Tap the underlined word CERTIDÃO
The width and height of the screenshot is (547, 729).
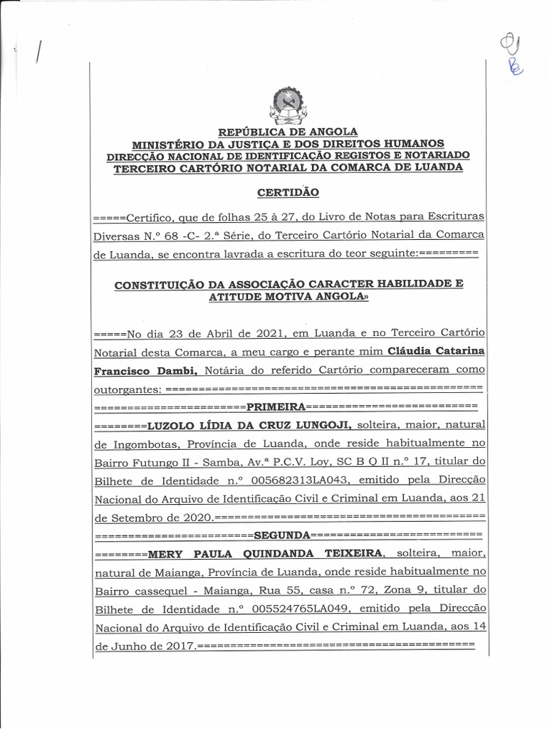point(288,192)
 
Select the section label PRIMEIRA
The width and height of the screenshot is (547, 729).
point(276,407)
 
